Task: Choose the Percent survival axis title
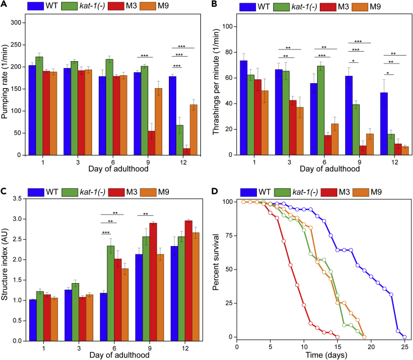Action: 217,268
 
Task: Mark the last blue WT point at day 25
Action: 405,337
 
